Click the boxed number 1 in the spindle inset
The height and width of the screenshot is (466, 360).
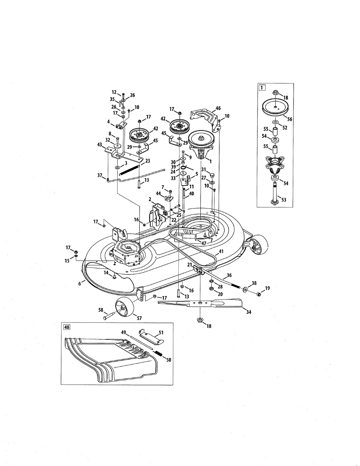(x=263, y=88)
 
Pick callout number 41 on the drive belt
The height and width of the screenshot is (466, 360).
(x=221, y=252)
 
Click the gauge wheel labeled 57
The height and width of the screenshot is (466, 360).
(x=124, y=307)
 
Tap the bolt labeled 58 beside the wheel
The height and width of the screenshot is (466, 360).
(x=109, y=316)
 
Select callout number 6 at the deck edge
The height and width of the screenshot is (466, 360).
(x=80, y=284)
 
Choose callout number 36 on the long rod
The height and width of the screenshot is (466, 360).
(x=229, y=275)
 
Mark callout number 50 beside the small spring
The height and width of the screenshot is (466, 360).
(x=168, y=360)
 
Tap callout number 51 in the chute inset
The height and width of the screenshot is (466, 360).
(x=161, y=333)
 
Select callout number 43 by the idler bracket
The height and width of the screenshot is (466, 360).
(x=101, y=145)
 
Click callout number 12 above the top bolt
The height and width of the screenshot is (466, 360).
(x=114, y=92)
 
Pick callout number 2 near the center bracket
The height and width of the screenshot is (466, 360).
(x=150, y=199)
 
